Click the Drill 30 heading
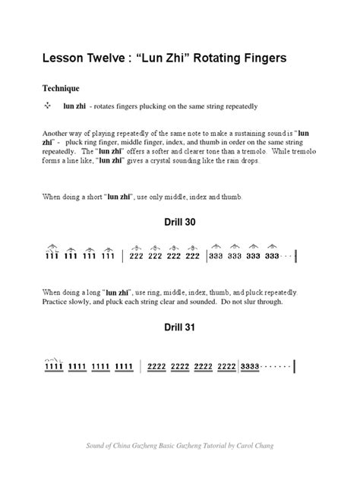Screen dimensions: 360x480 click(x=180, y=226)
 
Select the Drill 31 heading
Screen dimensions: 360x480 click(x=180, y=330)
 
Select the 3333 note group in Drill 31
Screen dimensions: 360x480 click(x=250, y=366)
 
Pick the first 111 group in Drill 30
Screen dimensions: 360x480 click(x=50, y=256)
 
